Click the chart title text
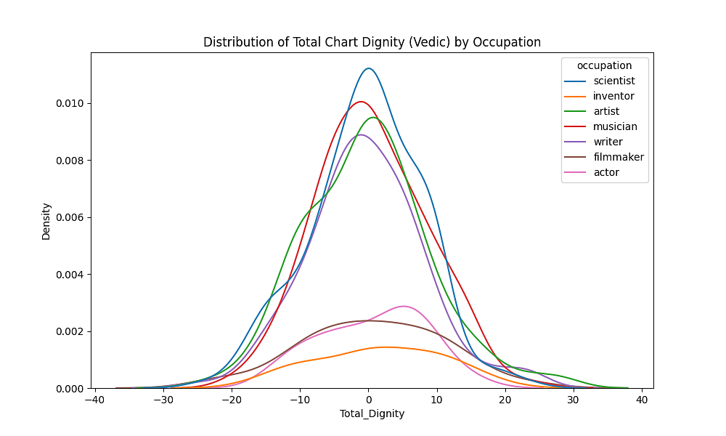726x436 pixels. click(372, 42)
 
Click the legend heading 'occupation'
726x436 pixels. click(604, 65)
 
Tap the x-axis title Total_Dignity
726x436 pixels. click(372, 414)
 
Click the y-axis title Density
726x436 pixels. click(46, 221)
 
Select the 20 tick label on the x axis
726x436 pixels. click(505, 399)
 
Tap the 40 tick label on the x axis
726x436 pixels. click(642, 399)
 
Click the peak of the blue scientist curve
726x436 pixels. click(369, 68)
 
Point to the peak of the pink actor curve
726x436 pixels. click(403, 306)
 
